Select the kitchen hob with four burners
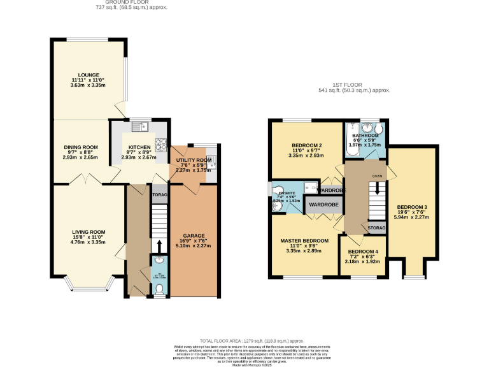pos(160,143)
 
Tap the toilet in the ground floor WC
pos(159,289)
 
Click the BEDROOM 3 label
pos(412,207)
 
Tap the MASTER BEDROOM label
pos(304,240)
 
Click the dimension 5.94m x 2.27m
pos(412,217)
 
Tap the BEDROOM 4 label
pos(364,252)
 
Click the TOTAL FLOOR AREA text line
pos(244,341)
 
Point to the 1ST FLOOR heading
pos(353,85)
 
